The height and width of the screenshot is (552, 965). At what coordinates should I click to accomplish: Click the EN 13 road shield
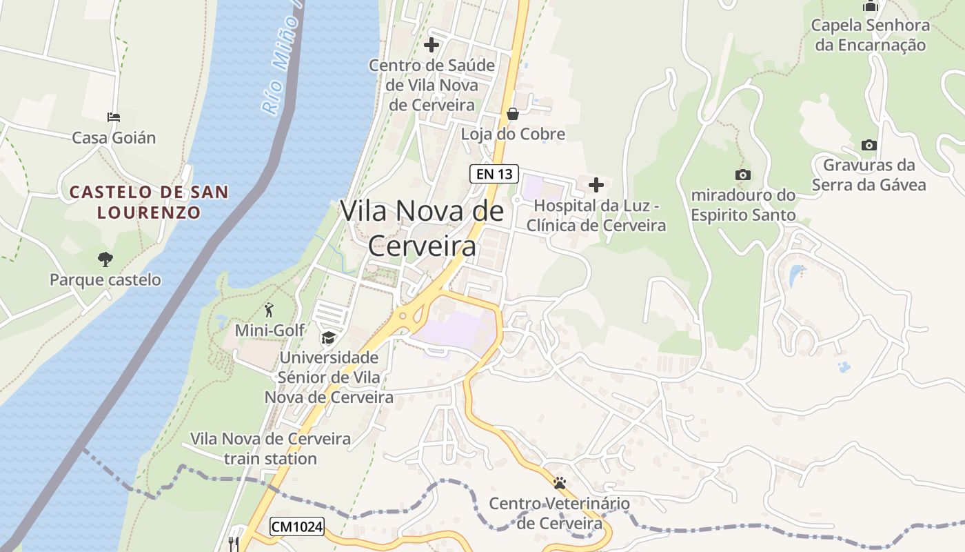tap(494, 174)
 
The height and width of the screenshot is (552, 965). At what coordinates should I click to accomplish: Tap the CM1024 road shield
tap(296, 526)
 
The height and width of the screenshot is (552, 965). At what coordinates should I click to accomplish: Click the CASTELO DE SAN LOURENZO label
tap(149, 201)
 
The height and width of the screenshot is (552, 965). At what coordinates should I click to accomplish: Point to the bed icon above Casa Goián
tap(114, 117)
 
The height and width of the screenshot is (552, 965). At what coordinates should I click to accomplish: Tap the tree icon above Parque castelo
tap(105, 259)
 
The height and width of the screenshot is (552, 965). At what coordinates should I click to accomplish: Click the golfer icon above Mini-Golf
tap(269, 310)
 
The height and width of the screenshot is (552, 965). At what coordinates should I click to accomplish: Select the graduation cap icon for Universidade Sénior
tap(329, 337)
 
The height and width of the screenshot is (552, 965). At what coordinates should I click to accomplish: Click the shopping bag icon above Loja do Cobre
tap(513, 114)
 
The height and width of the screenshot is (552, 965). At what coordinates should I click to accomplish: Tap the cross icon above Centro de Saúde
tap(431, 46)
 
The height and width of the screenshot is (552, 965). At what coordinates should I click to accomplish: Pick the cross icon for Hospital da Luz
tap(596, 185)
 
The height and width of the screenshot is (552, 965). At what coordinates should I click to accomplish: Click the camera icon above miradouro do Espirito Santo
tap(743, 175)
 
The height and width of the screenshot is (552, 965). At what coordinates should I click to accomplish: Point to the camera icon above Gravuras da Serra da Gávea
tap(869, 145)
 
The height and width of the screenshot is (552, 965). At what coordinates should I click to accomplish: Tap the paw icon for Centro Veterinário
tap(560, 483)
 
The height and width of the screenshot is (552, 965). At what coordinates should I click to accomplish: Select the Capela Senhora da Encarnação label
tap(870, 35)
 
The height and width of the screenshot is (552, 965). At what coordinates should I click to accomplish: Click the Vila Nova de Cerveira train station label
tap(270, 448)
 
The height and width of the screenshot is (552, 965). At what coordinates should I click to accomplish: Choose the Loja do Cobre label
tap(513, 135)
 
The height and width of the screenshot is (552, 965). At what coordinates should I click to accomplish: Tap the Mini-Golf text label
tap(270, 331)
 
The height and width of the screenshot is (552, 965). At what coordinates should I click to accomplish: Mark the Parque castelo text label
tap(105, 280)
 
